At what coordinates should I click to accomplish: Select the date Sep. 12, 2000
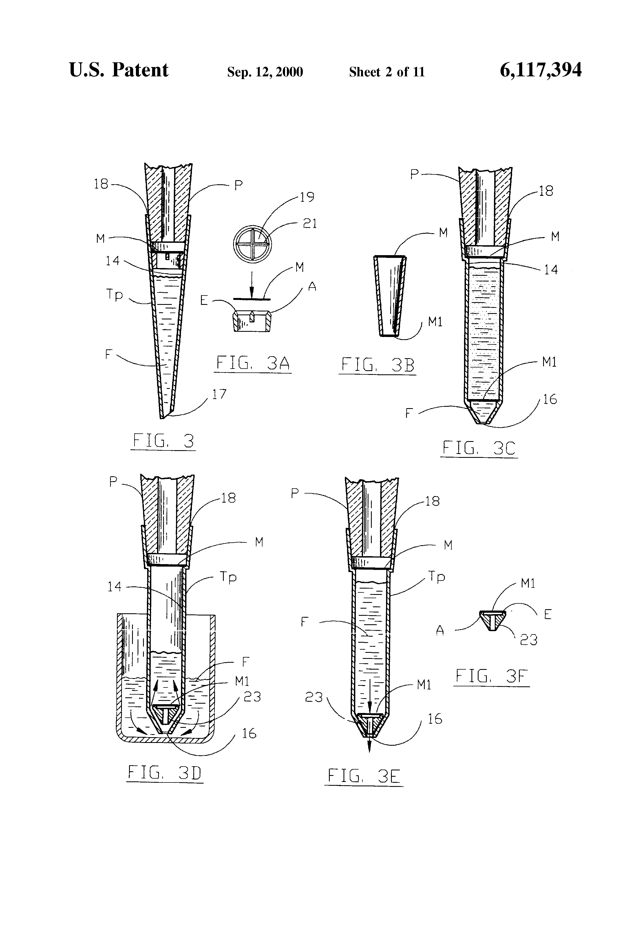point(265,72)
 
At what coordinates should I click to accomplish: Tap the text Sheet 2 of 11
point(387,72)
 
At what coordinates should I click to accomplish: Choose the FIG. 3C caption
point(479,448)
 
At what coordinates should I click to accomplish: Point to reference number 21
point(310,224)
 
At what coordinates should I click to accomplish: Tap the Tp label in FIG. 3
point(114,294)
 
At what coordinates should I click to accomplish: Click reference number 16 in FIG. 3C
point(550,400)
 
